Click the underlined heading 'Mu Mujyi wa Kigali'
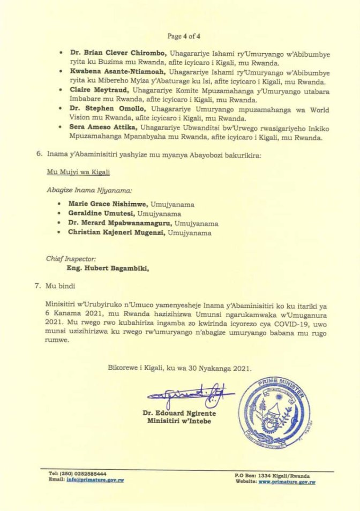click(x=72, y=172)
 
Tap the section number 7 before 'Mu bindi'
click(x=38, y=286)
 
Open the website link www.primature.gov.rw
click(x=287, y=482)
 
